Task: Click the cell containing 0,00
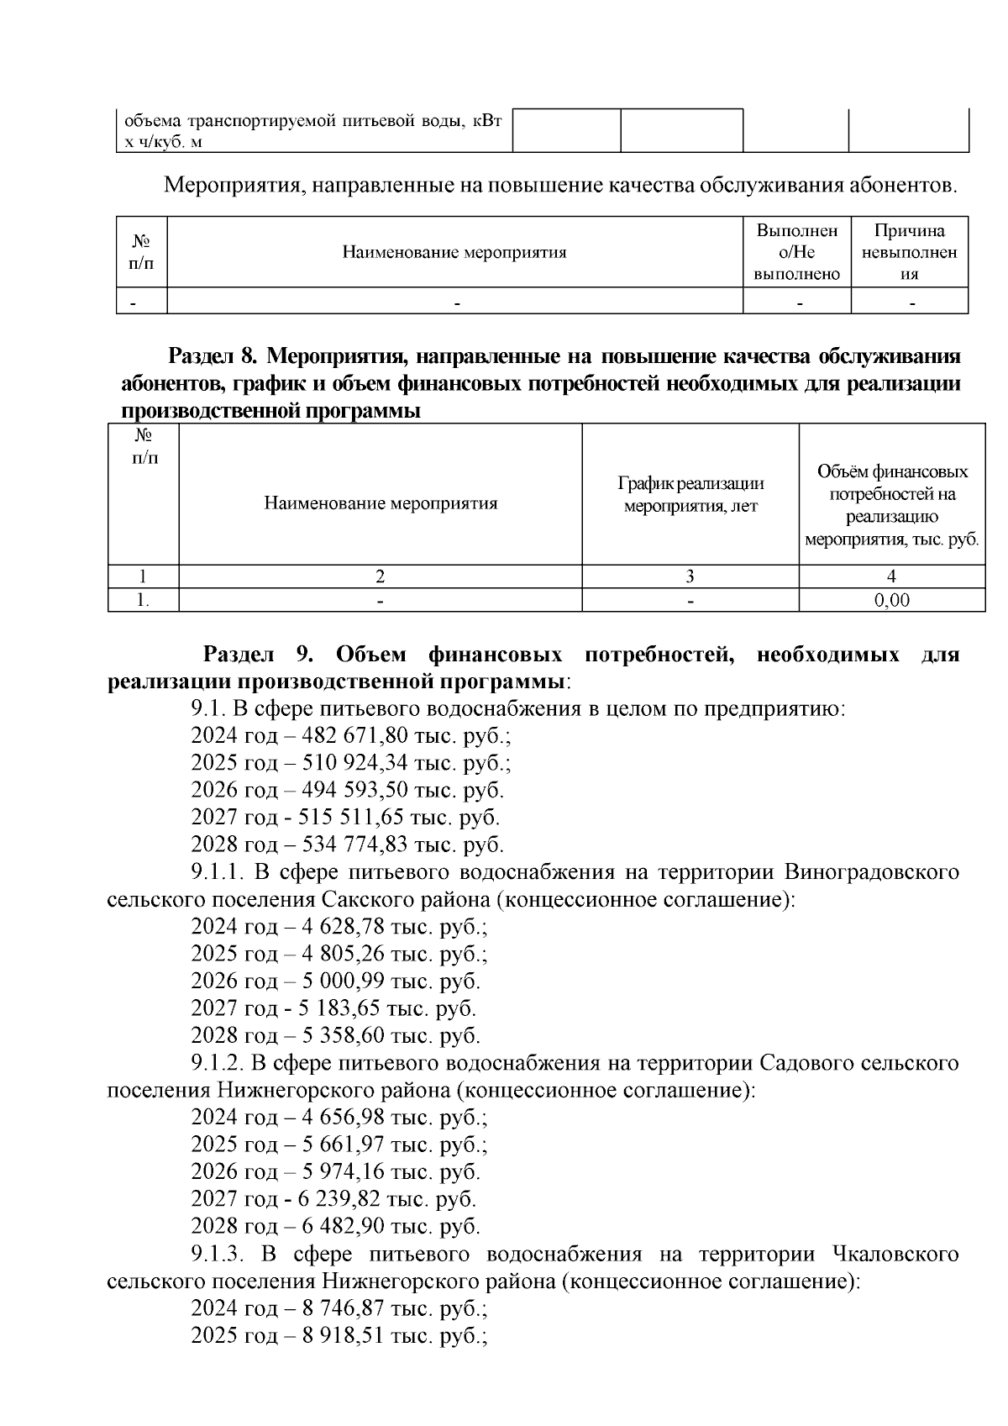tap(891, 601)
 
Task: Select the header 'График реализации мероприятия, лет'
tap(690, 495)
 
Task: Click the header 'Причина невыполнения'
tap(909, 252)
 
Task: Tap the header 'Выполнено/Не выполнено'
tap(796, 252)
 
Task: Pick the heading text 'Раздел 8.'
tap(213, 356)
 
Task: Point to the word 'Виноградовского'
tap(871, 871)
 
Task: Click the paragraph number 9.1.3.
tap(217, 1255)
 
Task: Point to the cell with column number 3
tap(690, 576)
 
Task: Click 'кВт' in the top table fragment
tap(486, 121)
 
